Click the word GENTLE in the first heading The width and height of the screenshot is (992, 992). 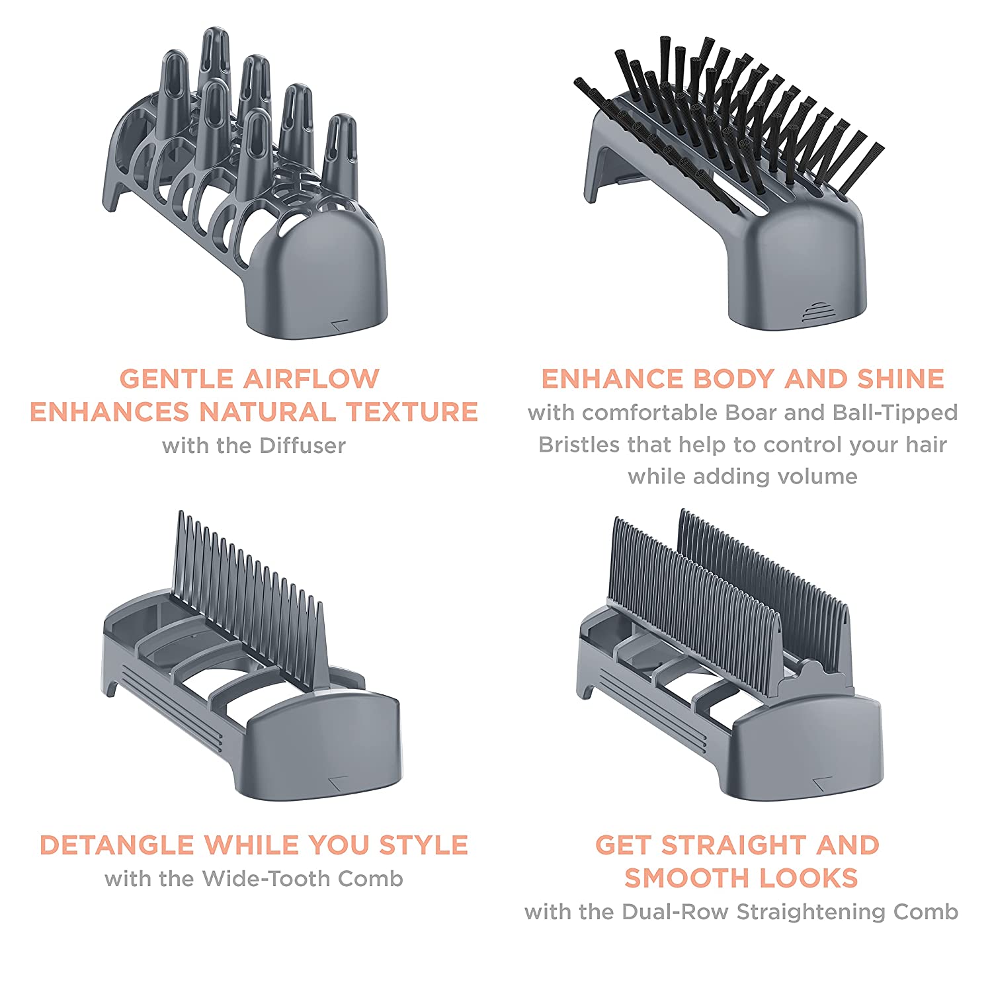176,378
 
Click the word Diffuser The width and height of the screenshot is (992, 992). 302,445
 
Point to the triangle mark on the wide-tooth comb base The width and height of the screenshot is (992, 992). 338,780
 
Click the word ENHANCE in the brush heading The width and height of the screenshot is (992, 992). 612,378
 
